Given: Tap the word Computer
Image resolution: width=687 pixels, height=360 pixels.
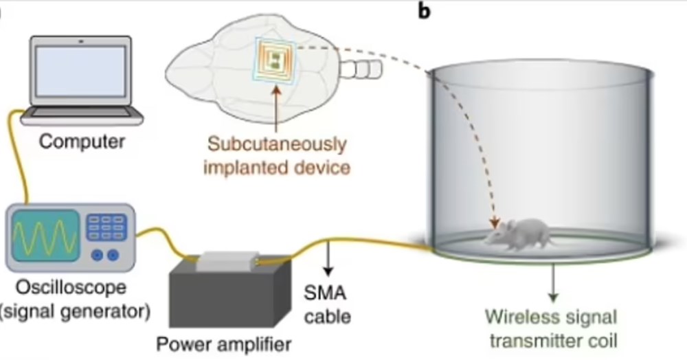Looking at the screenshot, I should (82, 142).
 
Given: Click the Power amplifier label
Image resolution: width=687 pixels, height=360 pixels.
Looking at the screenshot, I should (224, 343).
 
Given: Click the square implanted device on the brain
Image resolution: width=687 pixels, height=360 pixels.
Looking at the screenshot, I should (275, 59).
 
